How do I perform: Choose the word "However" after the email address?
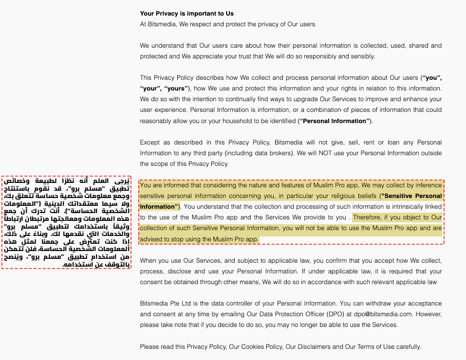(429, 314)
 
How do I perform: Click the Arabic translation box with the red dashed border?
(66, 222)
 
